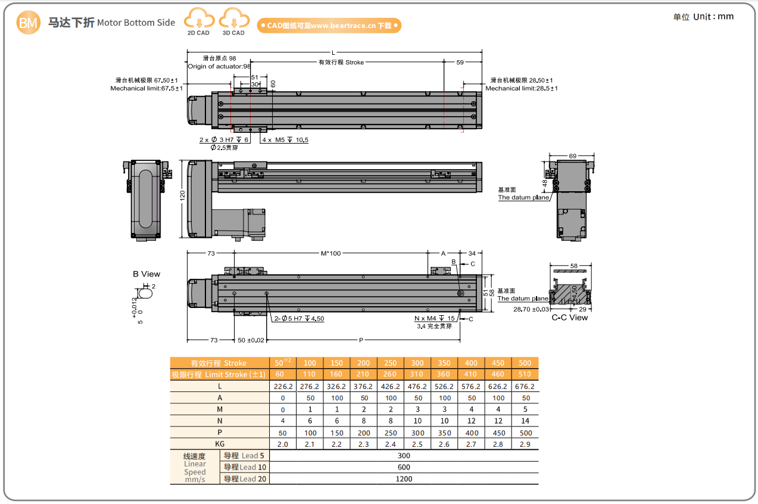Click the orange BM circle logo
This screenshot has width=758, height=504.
tap(29, 23)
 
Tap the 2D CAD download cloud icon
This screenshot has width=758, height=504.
tap(199, 18)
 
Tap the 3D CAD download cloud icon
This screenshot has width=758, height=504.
tap(234, 18)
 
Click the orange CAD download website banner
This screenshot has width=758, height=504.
tap(329, 26)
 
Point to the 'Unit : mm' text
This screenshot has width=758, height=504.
tap(713, 17)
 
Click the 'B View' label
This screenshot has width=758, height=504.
tap(146, 274)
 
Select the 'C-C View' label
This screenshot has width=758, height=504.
tap(570, 318)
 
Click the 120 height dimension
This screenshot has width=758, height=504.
tap(182, 195)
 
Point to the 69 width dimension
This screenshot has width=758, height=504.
tap(573, 156)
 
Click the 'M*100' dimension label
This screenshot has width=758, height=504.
tap(330, 253)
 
